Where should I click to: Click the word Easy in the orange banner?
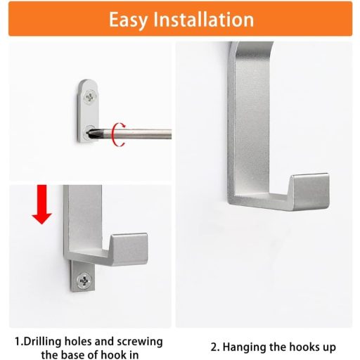point(128,20)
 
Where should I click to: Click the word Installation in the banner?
point(204,19)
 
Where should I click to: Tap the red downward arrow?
point(42,205)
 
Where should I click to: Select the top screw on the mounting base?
point(90,96)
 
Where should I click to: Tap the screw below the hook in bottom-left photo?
point(84,281)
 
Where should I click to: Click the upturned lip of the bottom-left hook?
point(129,248)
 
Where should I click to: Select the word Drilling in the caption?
point(43,342)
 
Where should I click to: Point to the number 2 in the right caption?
point(215,347)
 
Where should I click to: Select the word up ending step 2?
point(328,348)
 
